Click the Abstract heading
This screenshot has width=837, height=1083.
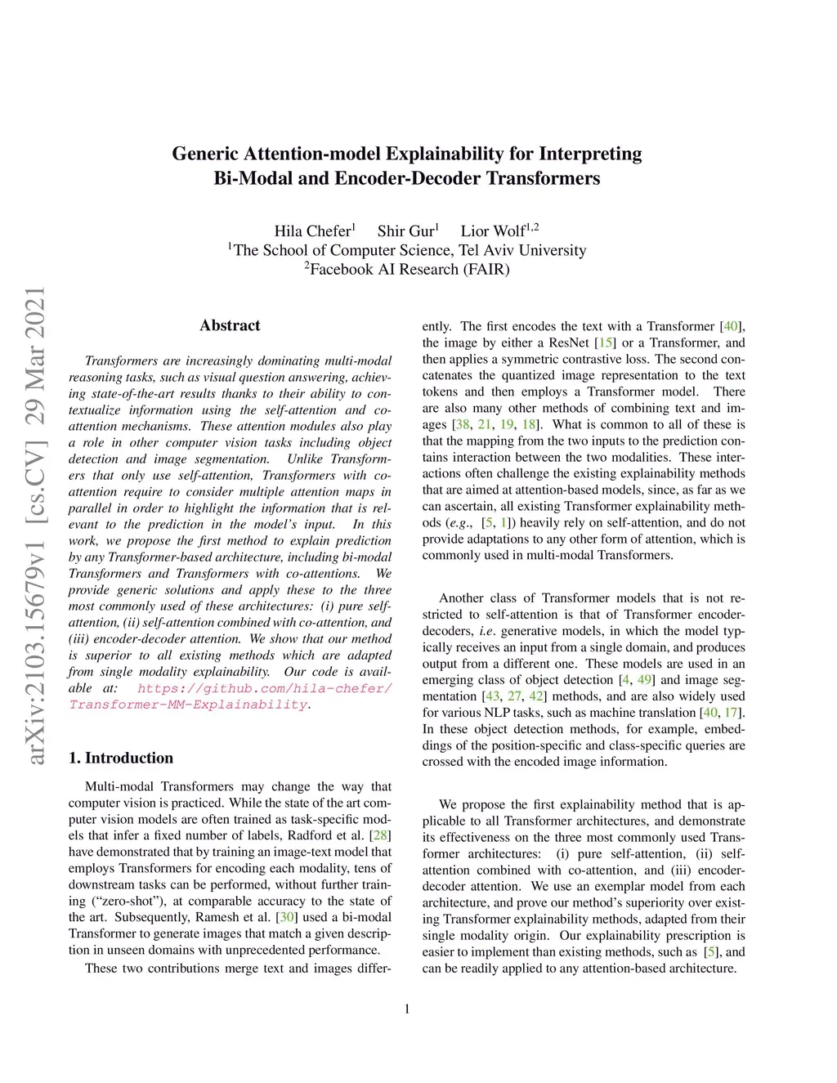point(230,325)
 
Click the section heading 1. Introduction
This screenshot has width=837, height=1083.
point(121,758)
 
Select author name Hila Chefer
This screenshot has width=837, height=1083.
point(312,230)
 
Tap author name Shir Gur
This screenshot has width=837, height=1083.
point(405,230)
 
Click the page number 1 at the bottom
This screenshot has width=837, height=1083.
point(407,1009)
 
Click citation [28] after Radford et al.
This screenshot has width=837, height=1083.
point(381,835)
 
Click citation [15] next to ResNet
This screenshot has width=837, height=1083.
point(605,342)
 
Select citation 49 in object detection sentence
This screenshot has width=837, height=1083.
point(645,680)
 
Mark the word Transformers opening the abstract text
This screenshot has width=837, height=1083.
point(121,360)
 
